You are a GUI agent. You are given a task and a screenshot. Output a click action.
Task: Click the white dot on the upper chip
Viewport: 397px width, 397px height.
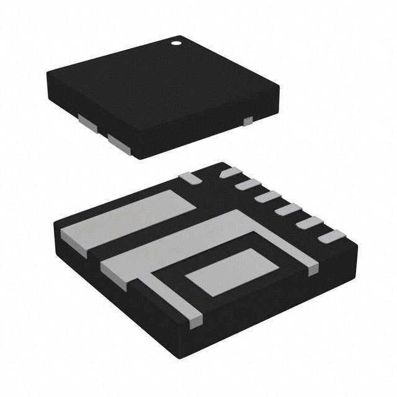(x=176, y=44)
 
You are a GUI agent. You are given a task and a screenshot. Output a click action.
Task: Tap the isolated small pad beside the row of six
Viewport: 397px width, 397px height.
(x=192, y=177)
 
